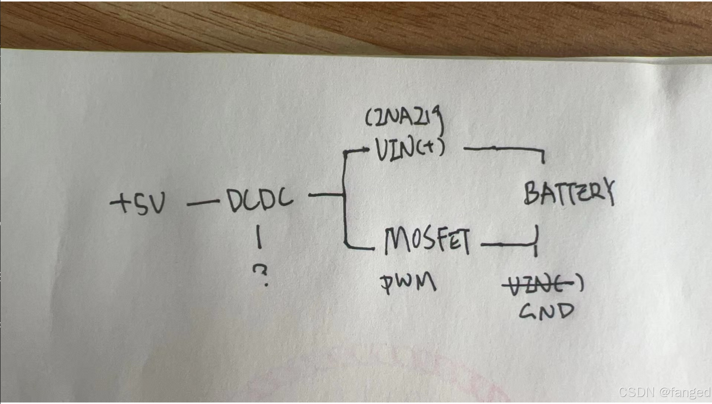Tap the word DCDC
click(x=260, y=201)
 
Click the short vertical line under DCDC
click(x=259, y=237)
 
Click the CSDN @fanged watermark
click(x=664, y=392)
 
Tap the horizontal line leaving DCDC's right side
click(x=325, y=194)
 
